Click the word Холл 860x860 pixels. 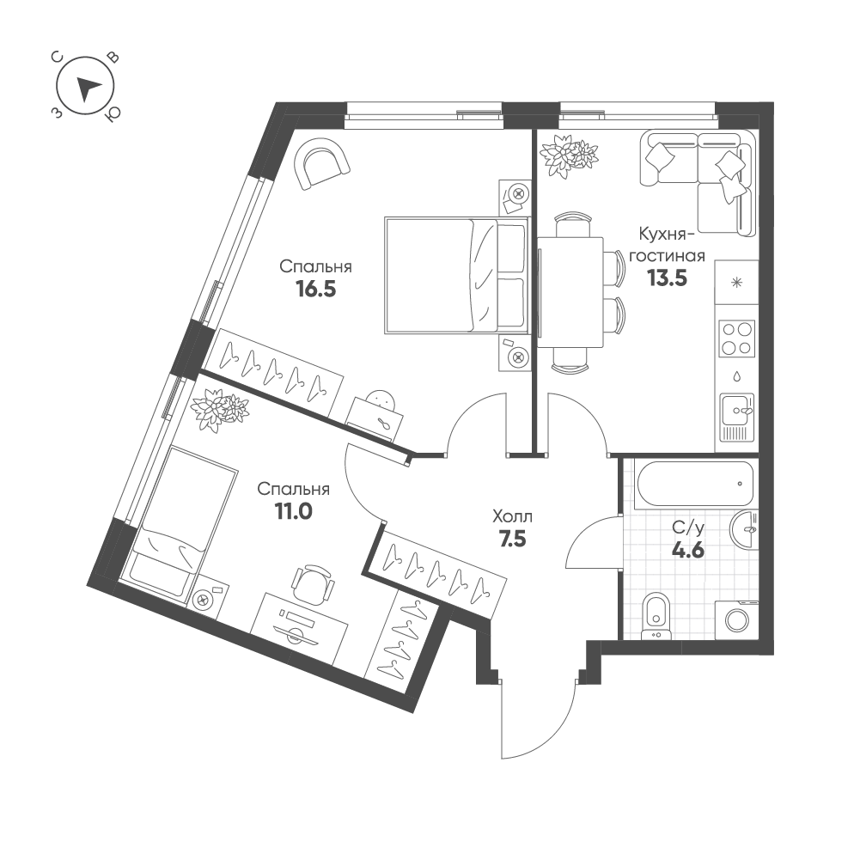coord(512,516)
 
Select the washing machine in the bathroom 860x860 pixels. coord(736,619)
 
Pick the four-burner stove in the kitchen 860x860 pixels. coord(736,338)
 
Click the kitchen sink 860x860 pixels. coord(736,417)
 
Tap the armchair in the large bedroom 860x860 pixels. coord(323,166)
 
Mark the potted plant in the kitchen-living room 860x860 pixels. coord(568,155)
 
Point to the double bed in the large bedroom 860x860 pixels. coord(455,275)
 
